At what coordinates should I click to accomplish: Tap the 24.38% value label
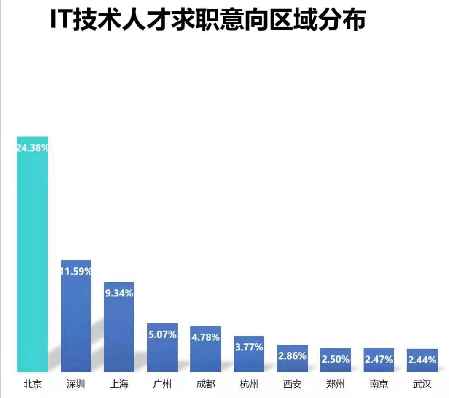coord(32,148)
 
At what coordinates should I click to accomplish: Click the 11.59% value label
coord(76,271)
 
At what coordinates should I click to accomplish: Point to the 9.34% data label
coord(119,293)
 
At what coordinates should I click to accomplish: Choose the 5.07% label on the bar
coord(162,335)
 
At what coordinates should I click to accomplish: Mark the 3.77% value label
coord(249,347)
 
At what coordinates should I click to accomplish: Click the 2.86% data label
coord(292,356)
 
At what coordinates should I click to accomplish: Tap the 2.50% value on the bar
coord(335,359)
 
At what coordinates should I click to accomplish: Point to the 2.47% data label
coord(379,359)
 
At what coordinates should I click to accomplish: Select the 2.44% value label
coord(422,360)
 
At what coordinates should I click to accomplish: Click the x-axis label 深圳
coord(76,384)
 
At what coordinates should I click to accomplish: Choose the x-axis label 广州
coord(162,384)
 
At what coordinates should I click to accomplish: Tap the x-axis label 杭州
coord(249,384)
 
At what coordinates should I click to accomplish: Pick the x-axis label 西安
coord(292,384)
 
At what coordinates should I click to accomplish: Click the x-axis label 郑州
coord(335,384)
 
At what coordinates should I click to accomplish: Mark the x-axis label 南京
coord(379,384)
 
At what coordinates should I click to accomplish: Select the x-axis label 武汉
coord(422,384)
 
